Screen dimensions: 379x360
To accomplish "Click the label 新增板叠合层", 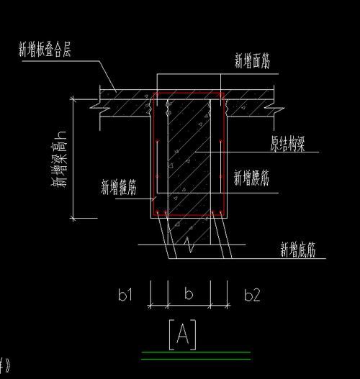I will pos(44,50).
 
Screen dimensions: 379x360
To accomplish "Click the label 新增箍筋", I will pos(120,188).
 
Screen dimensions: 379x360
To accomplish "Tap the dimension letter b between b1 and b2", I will pos(189,293).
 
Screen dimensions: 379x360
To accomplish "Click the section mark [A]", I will pos(182,334).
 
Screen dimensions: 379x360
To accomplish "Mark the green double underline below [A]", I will pos(196,355).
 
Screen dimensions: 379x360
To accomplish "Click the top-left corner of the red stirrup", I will pos(153,93).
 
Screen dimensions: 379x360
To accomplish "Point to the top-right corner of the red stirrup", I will pos(224,93).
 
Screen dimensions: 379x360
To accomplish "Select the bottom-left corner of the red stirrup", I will pos(153,215).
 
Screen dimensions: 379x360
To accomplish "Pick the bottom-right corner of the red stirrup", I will pos(224,215).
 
